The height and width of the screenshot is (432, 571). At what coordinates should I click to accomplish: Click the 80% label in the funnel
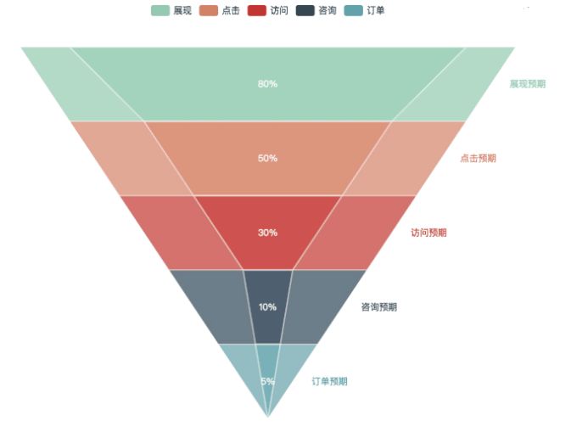[267, 84]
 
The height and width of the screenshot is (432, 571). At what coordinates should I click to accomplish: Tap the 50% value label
[267, 159]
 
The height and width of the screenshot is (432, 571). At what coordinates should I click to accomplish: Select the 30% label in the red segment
[267, 233]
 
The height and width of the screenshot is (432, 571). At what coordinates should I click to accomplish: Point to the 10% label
[267, 307]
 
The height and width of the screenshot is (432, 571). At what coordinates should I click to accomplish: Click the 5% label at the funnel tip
[267, 381]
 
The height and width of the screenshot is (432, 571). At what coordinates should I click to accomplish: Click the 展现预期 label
[527, 84]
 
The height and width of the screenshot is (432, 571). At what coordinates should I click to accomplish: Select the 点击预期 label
[478, 158]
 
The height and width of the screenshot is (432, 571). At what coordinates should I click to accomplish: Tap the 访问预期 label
[428, 233]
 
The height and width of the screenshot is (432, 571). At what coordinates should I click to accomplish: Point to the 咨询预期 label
[379, 307]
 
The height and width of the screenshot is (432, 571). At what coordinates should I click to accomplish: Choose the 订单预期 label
[329, 381]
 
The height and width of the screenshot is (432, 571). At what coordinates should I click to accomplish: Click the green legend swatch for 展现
[160, 10]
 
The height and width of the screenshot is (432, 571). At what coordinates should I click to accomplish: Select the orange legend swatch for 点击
[209, 10]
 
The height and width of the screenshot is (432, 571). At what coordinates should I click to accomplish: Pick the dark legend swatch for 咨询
[305, 10]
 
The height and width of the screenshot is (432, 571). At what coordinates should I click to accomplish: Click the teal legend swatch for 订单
[354, 10]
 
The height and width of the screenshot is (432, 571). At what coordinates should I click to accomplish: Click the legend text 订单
[376, 10]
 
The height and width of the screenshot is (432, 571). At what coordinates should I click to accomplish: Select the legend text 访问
[279, 10]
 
